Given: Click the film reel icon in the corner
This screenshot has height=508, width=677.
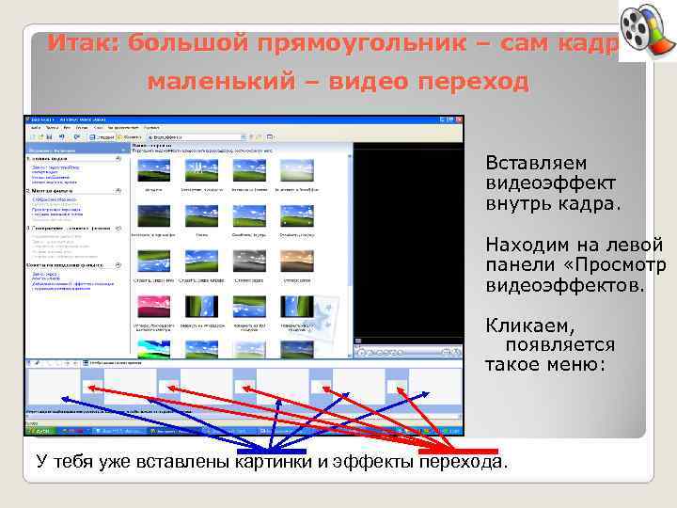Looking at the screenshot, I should tap(646, 31).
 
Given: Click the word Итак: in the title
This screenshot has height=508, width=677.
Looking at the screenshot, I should tap(84, 43).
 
